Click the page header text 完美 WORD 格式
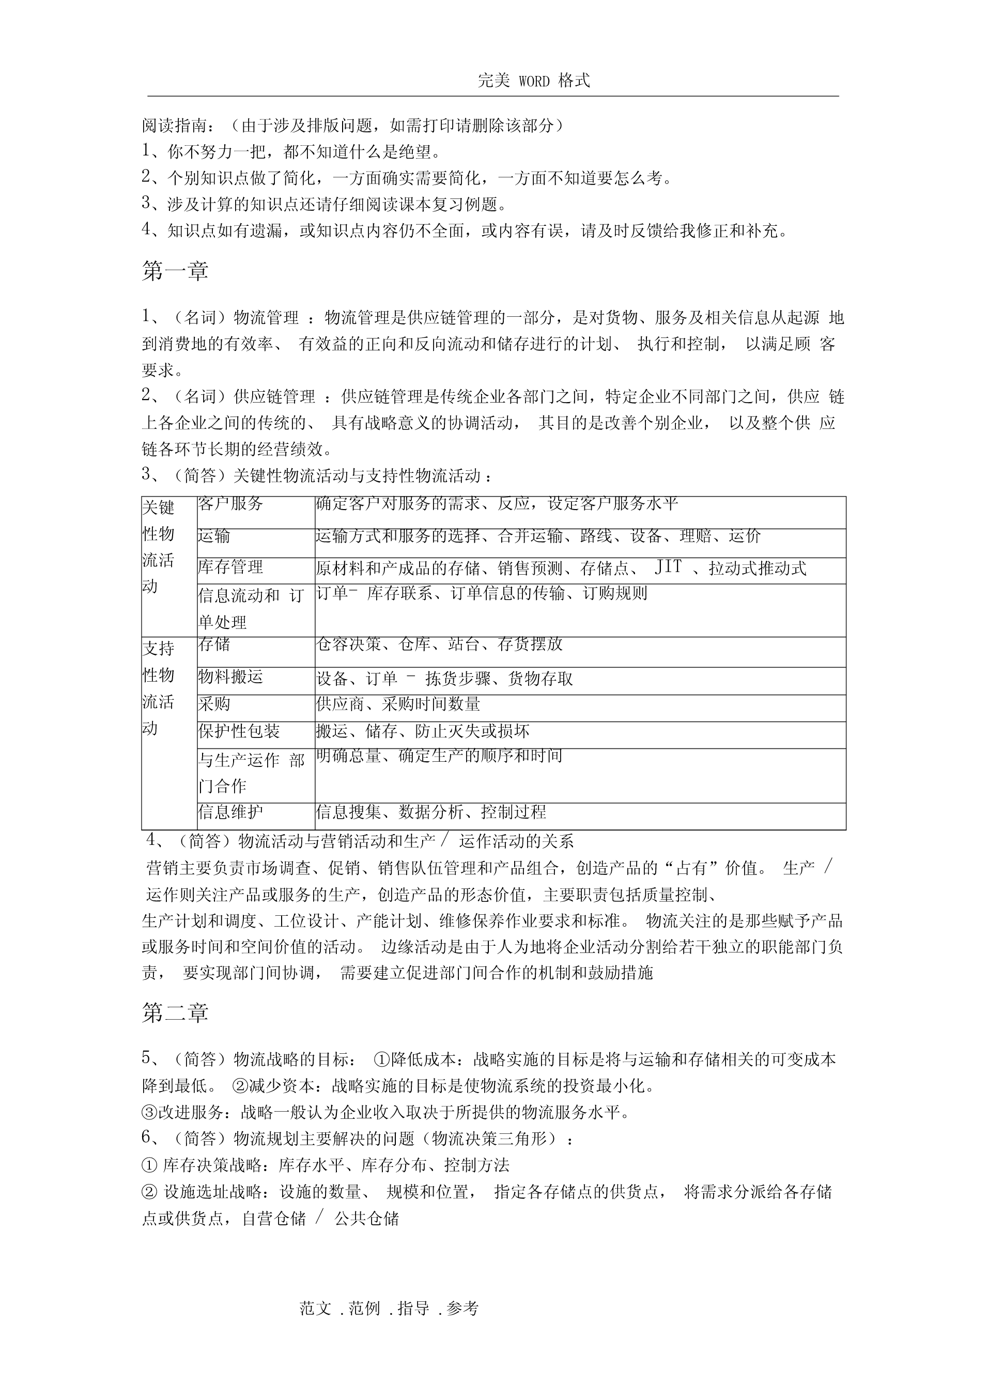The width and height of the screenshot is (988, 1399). pyautogui.click(x=534, y=81)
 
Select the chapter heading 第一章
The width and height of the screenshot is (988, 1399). pyautogui.click(x=175, y=271)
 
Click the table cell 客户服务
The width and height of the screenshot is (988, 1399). pyautogui.click(x=230, y=504)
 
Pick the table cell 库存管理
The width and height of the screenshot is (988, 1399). pyautogui.click(x=230, y=567)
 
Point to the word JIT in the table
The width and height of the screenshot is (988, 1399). pyautogui.click(x=668, y=567)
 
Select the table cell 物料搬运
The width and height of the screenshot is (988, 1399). pyautogui.click(x=230, y=677)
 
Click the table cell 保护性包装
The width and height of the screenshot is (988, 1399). pyautogui.click(x=239, y=731)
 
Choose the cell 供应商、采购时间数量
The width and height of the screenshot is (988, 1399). pyautogui.click(x=398, y=704)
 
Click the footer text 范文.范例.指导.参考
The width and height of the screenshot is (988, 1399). pyautogui.click(x=389, y=1308)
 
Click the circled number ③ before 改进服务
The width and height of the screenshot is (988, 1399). pyautogui.click(x=149, y=1113)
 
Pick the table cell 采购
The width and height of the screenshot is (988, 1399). pyautogui.click(x=214, y=704)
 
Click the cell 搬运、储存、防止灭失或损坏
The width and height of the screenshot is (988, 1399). pyautogui.click(x=423, y=731)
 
